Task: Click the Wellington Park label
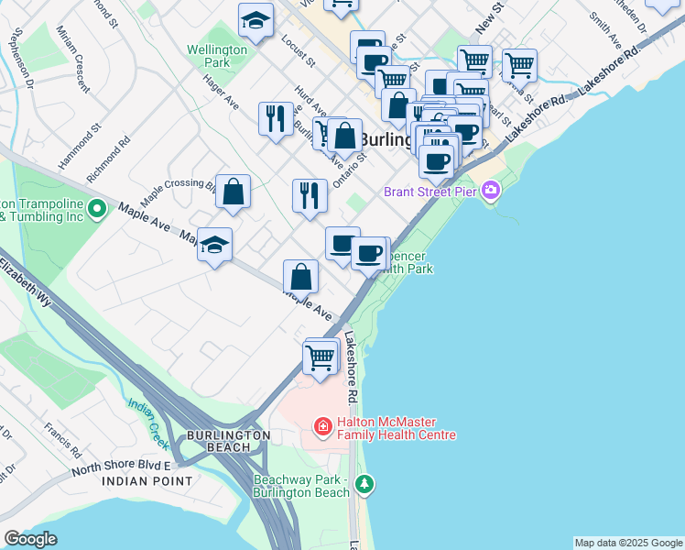(x=217, y=56)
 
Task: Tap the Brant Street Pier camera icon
(x=492, y=191)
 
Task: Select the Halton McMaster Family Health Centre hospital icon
(x=322, y=427)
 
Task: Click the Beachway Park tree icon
(x=365, y=483)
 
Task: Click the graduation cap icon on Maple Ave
(x=215, y=245)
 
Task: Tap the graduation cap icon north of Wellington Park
(x=256, y=19)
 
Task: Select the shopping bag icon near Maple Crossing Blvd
(x=234, y=192)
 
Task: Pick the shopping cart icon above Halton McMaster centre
(x=321, y=357)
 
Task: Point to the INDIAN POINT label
(x=147, y=480)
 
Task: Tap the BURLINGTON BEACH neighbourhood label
(x=228, y=441)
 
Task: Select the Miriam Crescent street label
(x=72, y=72)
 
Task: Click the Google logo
(x=30, y=539)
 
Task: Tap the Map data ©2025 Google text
(x=628, y=543)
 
